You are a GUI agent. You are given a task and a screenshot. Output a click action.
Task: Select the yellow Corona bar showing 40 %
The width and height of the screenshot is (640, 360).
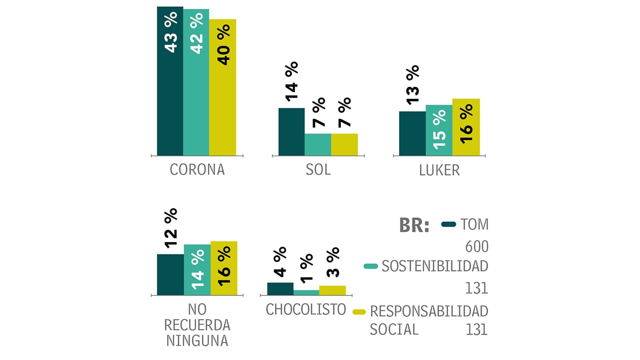pos(222,87)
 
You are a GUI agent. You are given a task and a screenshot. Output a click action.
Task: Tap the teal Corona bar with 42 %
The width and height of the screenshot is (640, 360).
pos(196,82)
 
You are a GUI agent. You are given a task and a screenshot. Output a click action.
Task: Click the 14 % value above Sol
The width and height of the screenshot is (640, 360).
pos(291,82)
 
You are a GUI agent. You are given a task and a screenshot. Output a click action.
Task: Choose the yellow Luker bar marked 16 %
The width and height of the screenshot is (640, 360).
pos(466,127)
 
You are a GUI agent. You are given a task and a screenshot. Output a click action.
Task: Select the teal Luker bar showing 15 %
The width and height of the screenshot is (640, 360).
pos(439,130)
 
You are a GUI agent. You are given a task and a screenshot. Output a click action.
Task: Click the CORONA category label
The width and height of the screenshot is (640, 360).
pos(197,170)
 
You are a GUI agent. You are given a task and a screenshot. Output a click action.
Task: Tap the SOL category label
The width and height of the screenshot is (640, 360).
pos(318,170)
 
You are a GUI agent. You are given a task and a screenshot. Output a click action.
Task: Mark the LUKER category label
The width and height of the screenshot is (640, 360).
pos(439,170)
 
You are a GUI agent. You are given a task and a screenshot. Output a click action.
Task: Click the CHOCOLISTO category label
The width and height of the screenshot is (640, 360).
pos(306,309)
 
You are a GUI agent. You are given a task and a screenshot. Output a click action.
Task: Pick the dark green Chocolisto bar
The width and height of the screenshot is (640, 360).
pos(280,289)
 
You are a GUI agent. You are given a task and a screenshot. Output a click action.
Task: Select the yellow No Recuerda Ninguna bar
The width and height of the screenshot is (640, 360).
pos(223,268)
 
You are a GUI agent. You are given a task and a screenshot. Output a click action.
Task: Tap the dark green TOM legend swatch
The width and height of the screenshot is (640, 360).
pos(449,224)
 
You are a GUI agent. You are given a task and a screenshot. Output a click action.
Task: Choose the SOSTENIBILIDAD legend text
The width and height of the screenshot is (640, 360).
pos(434,266)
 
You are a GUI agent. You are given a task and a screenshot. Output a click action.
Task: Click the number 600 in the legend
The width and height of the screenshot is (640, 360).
pos(476,247)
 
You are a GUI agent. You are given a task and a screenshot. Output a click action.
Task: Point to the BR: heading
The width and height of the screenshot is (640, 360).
pos(414,225)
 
